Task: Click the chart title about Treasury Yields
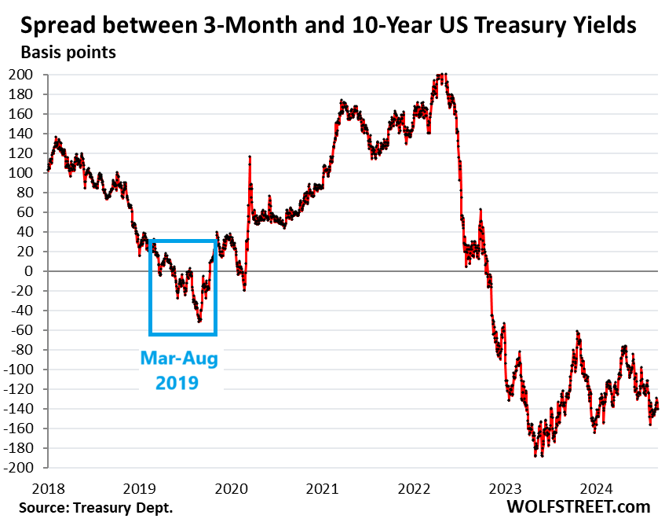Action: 328,25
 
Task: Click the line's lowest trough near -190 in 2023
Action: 537,455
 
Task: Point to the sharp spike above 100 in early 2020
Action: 250,157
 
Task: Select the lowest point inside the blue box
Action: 199,321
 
